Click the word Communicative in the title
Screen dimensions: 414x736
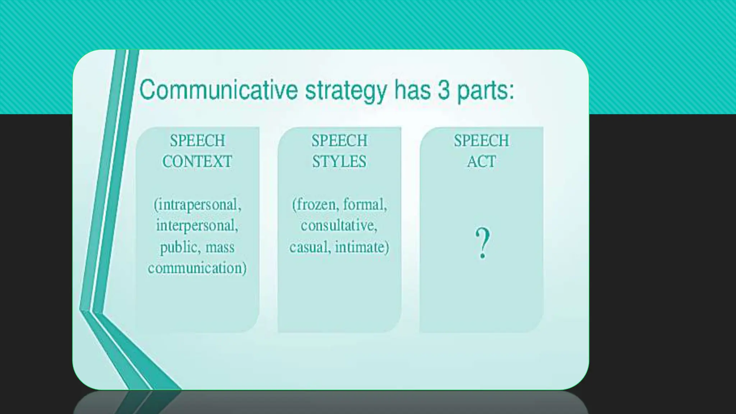pos(218,90)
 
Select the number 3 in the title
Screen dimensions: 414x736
pos(443,90)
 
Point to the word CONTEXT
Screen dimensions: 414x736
pos(197,161)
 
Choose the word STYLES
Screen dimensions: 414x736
pos(339,161)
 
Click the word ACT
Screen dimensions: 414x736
pos(481,161)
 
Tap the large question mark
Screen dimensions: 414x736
pos(482,243)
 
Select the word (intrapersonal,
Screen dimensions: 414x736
pos(197,205)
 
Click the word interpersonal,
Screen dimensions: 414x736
pos(197,226)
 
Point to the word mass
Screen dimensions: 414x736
pos(220,247)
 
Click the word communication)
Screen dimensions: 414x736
pos(197,268)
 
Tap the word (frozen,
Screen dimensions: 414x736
pos(315,205)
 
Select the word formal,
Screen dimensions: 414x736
pos(365,204)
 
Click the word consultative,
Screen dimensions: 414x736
pos(339,226)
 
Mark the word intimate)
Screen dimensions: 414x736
pos(362,247)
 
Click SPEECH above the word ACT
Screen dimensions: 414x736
pos(481,141)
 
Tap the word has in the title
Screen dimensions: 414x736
pos(412,90)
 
